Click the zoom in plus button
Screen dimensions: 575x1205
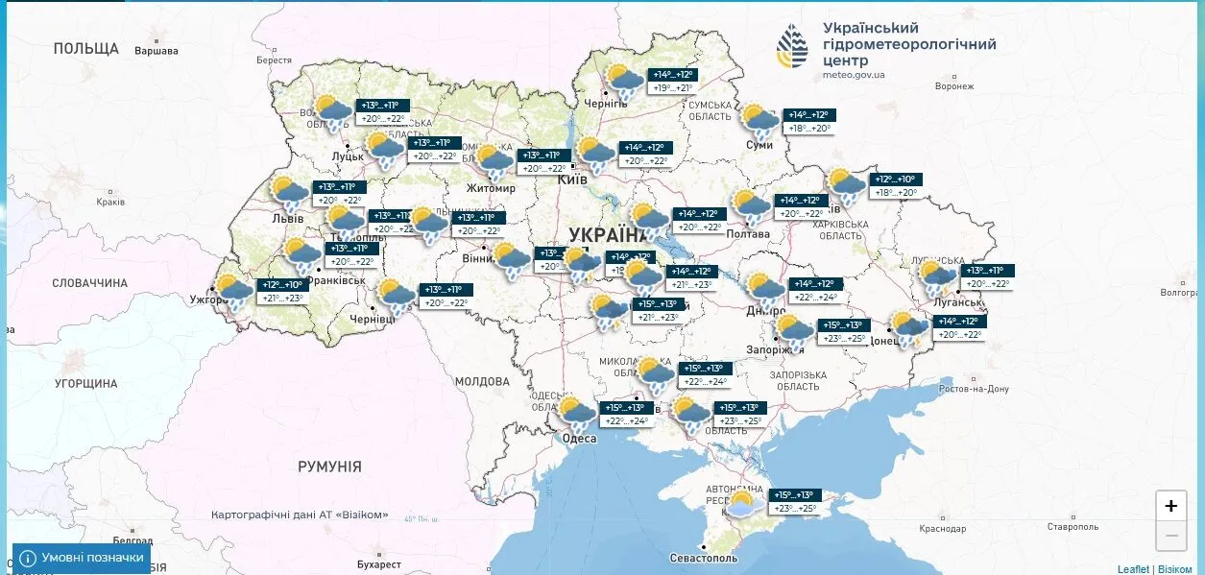coord(1170,506)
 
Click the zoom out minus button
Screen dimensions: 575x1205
coord(1170,536)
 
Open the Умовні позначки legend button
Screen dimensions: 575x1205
coord(82,558)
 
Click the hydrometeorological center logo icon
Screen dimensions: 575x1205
coord(793,47)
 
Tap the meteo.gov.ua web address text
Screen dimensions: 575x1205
coord(854,74)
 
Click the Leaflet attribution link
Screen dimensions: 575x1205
coord(1133,569)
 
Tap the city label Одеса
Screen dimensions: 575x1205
coord(580,439)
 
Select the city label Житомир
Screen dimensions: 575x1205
coord(491,188)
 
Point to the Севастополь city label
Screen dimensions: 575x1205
coord(705,558)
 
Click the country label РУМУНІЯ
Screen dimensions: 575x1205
coord(329,467)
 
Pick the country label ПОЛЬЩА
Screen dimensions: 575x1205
coord(86,48)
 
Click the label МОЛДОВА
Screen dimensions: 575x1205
coord(482,381)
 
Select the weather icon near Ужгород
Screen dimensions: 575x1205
coord(233,290)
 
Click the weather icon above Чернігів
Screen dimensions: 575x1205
coord(624,82)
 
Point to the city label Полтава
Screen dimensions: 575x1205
coord(749,233)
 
